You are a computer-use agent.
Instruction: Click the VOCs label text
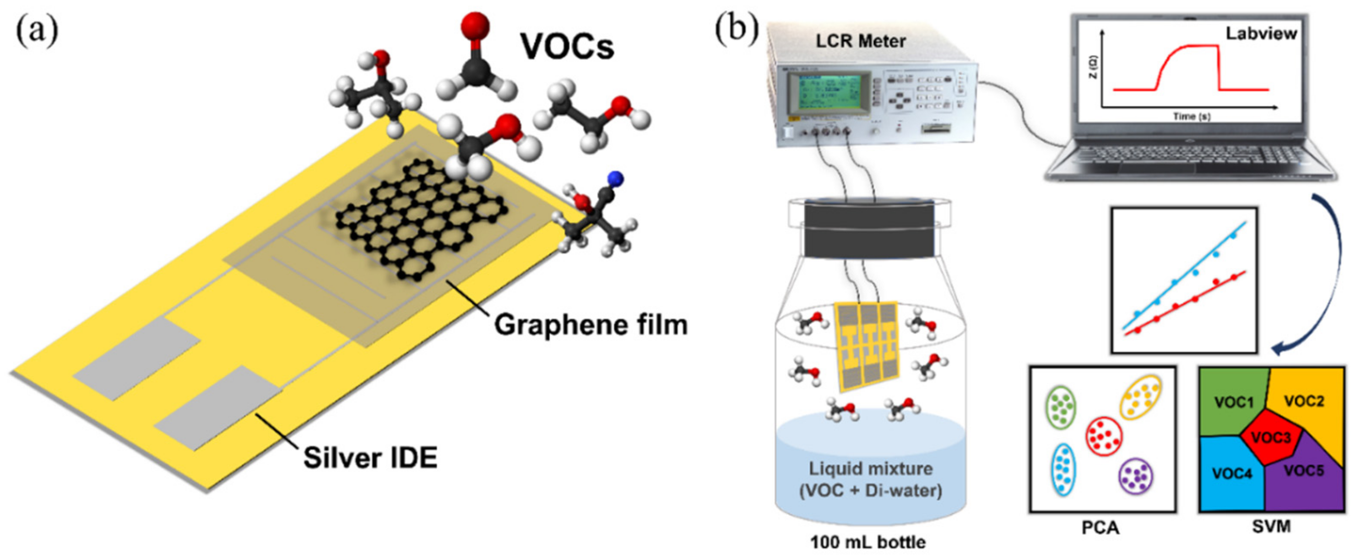click(x=567, y=46)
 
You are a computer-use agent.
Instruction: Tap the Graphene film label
click(x=590, y=325)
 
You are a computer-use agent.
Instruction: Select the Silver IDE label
click(x=370, y=457)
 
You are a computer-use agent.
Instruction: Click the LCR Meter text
click(x=861, y=41)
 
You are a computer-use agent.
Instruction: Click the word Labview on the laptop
click(x=1261, y=34)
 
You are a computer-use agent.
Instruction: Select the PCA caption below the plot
click(x=1100, y=527)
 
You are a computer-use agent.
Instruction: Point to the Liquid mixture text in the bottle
click(x=871, y=468)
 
